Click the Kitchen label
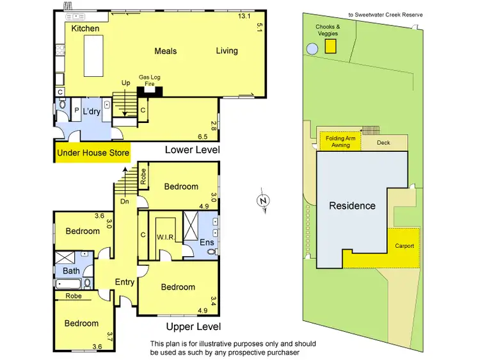click(x=85, y=29)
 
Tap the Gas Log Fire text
click(x=150, y=80)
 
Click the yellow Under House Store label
click(x=93, y=153)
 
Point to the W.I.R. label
click(x=166, y=237)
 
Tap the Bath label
click(x=71, y=271)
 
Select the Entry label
click(x=124, y=282)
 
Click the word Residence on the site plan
click(x=352, y=206)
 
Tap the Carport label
click(x=404, y=246)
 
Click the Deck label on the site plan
click(x=383, y=143)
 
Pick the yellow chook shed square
click(x=331, y=46)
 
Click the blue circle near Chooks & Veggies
click(x=312, y=48)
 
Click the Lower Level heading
click(x=193, y=150)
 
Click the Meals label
click(x=165, y=51)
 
